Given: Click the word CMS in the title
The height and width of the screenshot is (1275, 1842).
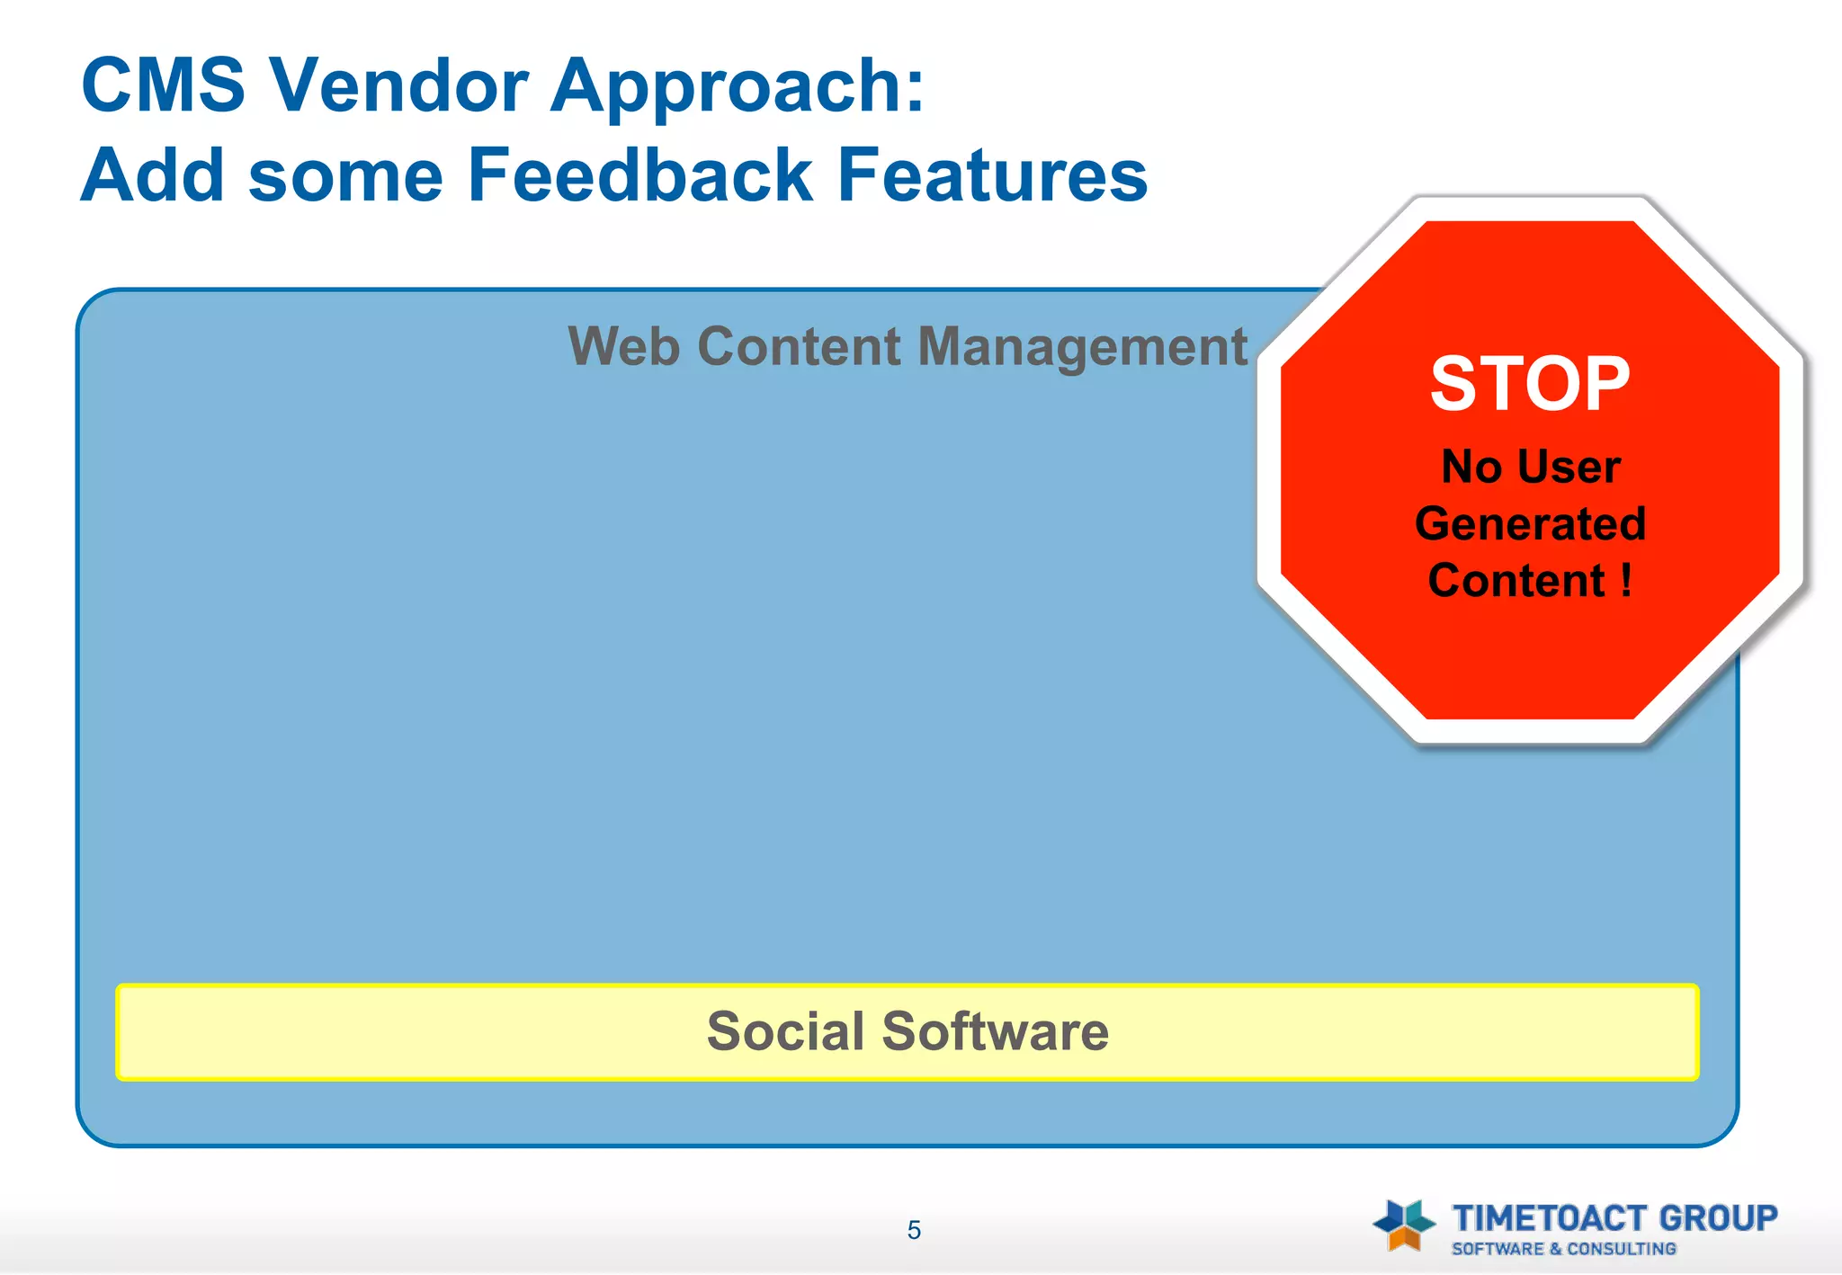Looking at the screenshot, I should pos(163,85).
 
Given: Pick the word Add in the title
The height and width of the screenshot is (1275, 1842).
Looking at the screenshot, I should pos(152,175).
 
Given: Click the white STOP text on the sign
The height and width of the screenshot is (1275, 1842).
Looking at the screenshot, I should pos(1530,384).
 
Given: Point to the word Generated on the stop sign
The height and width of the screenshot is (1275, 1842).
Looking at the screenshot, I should pos(1530,524).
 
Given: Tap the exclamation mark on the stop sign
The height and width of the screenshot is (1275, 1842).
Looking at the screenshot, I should pos(1626,580).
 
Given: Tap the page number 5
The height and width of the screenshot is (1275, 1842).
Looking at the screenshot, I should pos(914,1230).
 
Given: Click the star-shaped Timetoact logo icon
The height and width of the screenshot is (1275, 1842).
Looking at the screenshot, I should pos(1404,1224).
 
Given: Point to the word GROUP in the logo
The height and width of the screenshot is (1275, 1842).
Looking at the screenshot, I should pos(1718,1218).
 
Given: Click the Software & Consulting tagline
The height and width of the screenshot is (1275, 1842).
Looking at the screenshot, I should pos(1563,1249).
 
